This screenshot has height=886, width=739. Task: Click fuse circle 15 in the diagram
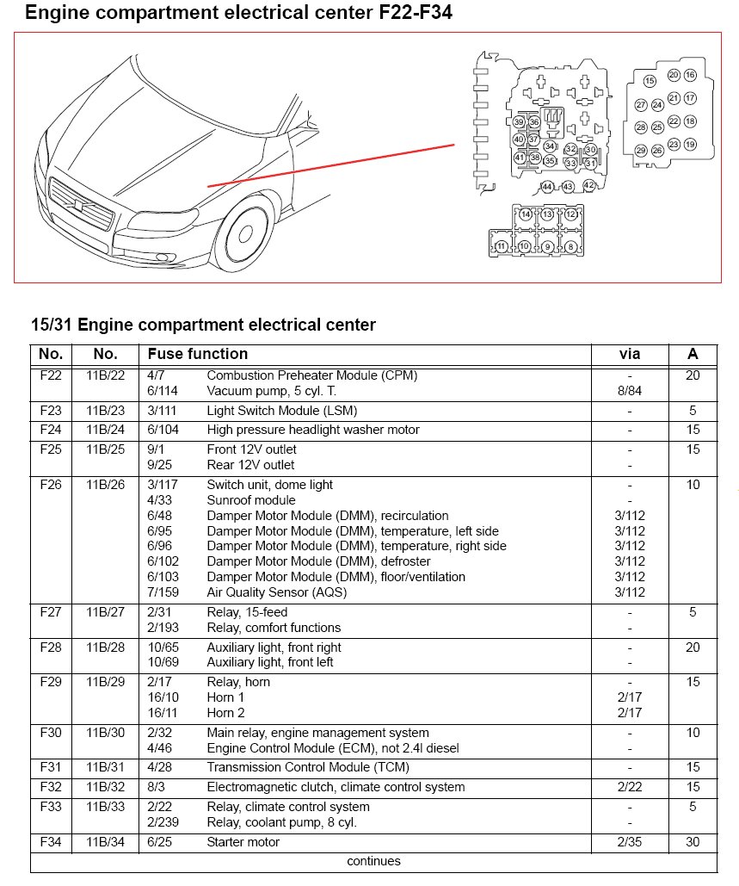[x=650, y=81]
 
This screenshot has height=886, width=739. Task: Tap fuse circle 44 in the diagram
[x=547, y=187]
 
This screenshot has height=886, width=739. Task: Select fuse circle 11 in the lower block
[x=501, y=247]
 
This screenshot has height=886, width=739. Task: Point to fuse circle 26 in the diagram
[x=657, y=151]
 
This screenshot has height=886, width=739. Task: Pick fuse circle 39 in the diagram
[x=519, y=122]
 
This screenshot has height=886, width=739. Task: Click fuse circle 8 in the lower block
[x=570, y=247]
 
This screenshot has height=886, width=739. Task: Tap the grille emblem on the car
[x=79, y=208]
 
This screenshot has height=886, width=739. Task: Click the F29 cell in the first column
[x=51, y=682]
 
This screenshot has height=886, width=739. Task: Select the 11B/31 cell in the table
[x=105, y=767]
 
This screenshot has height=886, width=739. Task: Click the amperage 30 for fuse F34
[x=693, y=842]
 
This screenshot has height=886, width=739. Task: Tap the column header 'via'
[x=630, y=354]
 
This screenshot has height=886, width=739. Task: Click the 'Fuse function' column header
[x=198, y=354]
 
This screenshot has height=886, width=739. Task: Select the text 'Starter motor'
[x=243, y=842]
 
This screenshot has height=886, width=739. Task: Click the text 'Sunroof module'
[x=251, y=500]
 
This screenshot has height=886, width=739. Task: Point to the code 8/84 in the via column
[x=630, y=391]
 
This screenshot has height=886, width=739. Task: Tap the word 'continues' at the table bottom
[x=373, y=861]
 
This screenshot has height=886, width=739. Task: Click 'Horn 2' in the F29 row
[x=225, y=713]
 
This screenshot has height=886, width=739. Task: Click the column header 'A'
[x=693, y=354]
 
